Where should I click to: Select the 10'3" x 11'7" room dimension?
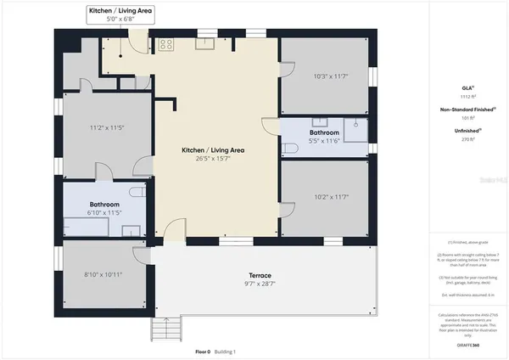326,76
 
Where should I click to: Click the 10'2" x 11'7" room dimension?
326,197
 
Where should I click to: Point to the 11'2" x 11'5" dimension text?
108,128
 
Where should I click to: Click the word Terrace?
260,275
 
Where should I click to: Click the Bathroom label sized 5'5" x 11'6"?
324,133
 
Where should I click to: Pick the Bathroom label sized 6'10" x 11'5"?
104,205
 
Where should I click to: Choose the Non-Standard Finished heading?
467,110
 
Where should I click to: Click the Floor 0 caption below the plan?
202,351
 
